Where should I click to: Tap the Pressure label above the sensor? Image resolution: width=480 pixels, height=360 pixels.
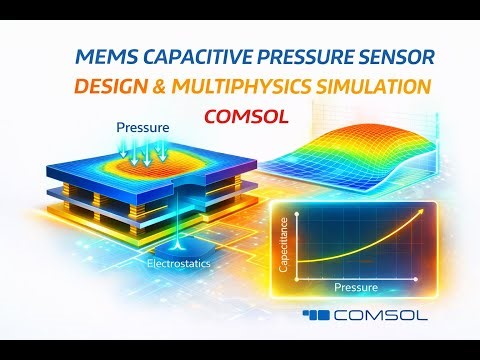click(142, 128)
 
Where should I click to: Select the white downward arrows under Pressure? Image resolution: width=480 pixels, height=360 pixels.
click(142, 150)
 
